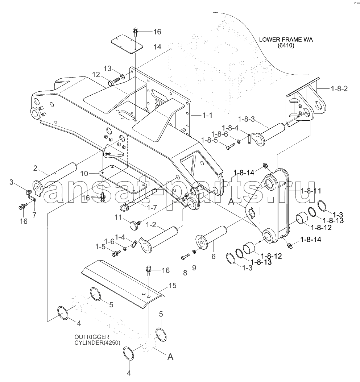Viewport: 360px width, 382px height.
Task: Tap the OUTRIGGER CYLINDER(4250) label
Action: coord(97,340)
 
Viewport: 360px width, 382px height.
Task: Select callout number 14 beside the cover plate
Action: coord(157,47)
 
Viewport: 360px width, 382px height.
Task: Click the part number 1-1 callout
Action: coord(207,115)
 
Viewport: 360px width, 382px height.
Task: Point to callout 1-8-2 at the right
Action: coord(339,89)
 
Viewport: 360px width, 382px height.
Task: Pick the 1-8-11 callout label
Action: coord(311,191)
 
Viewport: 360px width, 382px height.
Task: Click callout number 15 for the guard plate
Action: coord(172,286)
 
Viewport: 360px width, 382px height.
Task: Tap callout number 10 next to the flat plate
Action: coord(84,174)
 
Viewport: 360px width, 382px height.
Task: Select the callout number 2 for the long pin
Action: coord(35,168)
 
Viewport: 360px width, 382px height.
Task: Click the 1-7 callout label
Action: coord(152,208)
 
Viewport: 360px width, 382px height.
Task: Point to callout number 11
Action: coord(118,217)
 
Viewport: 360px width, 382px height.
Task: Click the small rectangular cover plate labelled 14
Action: coord(127,44)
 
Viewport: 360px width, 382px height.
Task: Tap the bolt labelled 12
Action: coord(114,82)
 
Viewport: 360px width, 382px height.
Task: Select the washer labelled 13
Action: coord(122,76)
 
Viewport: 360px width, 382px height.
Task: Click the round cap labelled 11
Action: coord(133,225)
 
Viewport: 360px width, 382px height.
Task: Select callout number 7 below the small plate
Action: coord(34,215)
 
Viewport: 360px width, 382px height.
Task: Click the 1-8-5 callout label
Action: coord(210,140)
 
